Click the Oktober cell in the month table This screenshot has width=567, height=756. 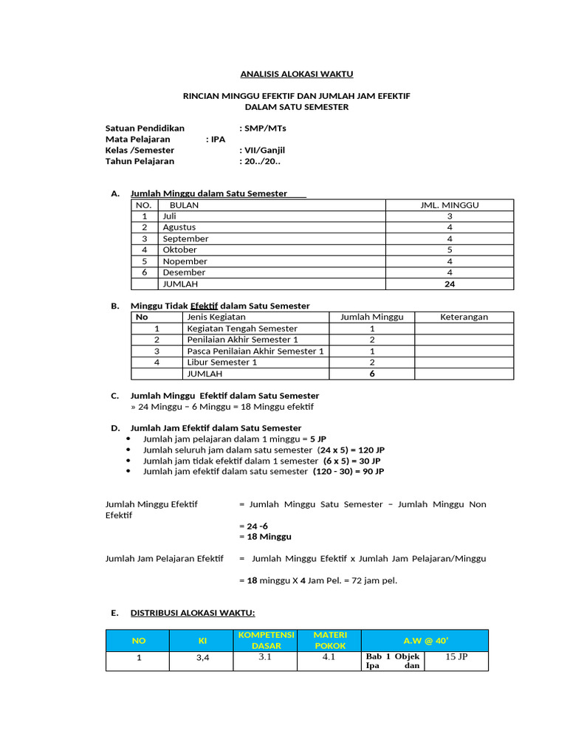click(x=179, y=250)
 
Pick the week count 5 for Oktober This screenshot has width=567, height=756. click(x=450, y=250)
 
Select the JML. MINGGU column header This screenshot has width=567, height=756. click(x=450, y=205)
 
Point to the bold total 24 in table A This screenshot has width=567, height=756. click(x=450, y=283)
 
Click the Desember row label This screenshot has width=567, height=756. click(x=185, y=272)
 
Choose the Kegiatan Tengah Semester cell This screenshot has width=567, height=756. click(x=242, y=329)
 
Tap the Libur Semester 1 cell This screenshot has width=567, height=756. click(x=221, y=362)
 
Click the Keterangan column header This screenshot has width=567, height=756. click(x=464, y=317)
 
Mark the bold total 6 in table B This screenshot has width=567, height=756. click(x=371, y=374)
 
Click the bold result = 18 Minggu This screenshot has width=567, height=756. click(x=266, y=536)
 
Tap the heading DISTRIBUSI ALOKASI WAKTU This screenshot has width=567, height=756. click(x=193, y=613)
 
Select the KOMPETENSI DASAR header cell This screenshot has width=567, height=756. click(x=266, y=640)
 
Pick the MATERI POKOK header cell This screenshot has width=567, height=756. click(x=330, y=640)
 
